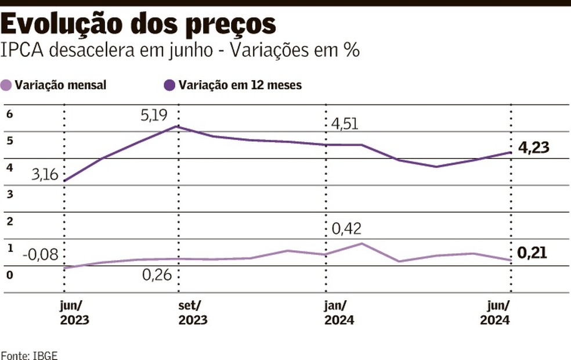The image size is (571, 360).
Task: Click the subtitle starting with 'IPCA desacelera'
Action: (180, 50)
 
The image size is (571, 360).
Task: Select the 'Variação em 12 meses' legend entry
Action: (233, 85)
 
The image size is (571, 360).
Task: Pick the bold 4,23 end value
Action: (533, 147)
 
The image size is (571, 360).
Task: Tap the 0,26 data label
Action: (157, 274)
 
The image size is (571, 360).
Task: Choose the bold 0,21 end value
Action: (532, 253)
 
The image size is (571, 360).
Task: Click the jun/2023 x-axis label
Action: (75, 313)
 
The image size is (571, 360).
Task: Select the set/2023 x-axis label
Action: (192, 313)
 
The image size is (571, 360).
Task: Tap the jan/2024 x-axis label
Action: (339, 313)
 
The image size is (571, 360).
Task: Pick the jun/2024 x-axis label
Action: (495, 313)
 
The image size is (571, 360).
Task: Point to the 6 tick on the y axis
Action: (9, 114)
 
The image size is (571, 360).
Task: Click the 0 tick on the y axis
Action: (9, 274)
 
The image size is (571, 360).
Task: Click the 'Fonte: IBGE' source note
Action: (29, 354)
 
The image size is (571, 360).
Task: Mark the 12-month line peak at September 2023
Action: (178, 127)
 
